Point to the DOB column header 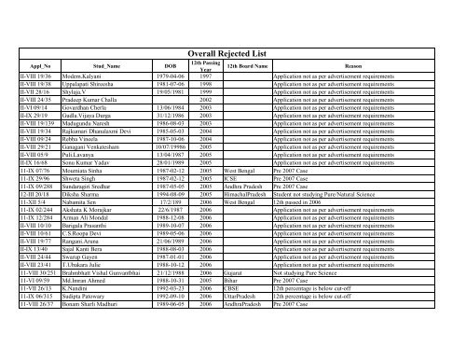click(x=152, y=66)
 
